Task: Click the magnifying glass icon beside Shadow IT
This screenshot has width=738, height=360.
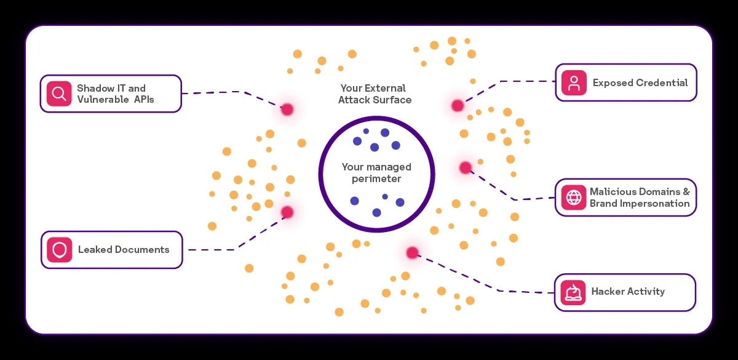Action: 59,94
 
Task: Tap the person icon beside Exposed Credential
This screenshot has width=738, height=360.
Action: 574,82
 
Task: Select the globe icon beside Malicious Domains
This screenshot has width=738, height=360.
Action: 574,198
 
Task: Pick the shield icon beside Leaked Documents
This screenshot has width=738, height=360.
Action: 60,250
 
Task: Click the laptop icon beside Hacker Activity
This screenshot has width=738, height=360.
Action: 573,292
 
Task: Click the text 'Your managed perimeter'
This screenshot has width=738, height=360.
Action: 376,173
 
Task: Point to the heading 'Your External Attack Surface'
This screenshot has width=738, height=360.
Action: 374,94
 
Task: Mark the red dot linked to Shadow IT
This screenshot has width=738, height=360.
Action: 287,110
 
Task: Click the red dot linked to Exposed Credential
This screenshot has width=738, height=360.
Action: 458,105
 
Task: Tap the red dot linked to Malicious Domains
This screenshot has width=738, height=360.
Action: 466,167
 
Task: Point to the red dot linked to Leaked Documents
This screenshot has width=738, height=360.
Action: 287,212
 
